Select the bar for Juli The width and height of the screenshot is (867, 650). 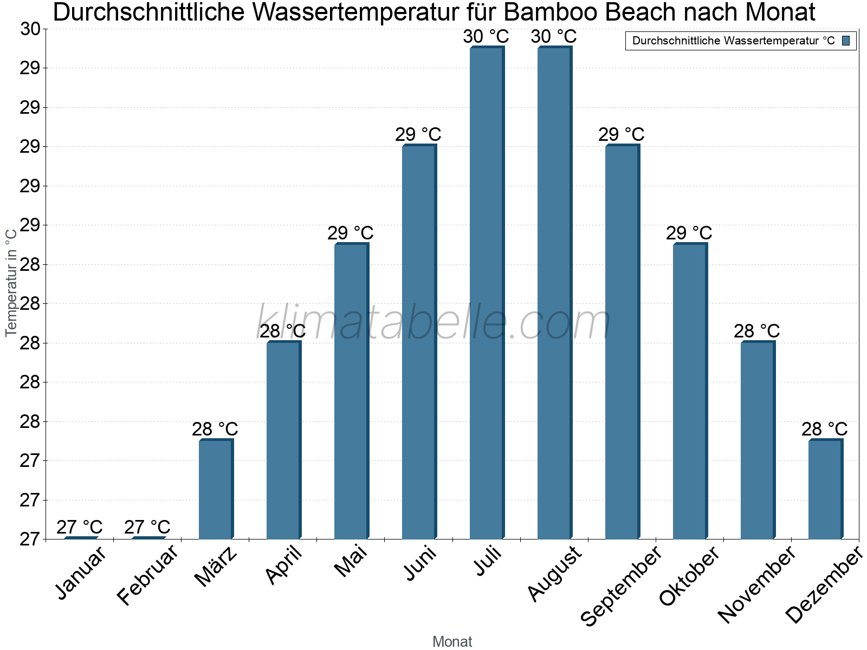coord(487,292)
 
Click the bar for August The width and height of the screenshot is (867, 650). coord(554,292)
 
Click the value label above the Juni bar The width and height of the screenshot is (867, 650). coord(418,134)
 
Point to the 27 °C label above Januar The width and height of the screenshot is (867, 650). coord(79,527)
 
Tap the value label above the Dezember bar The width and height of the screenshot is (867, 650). coord(824,430)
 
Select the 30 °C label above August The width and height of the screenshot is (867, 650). coord(553,37)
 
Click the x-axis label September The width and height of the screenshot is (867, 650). coord(621,585)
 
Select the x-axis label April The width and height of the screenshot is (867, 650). coord(284,565)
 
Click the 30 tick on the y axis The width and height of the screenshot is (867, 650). coord(30,29)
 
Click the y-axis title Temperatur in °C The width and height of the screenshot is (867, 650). coord(11,282)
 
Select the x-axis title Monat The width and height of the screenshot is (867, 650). coord(452,642)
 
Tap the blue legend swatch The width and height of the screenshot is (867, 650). coord(846,41)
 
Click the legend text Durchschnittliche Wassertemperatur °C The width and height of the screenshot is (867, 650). coord(733,41)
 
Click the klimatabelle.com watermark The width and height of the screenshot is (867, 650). coord(433,323)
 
